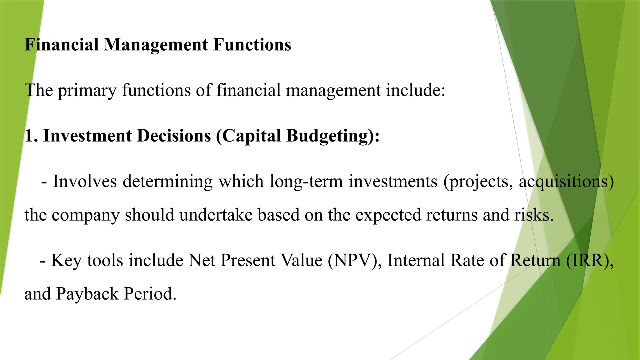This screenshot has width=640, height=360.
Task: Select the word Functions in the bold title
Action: [x=252, y=44]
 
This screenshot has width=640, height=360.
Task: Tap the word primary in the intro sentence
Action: [x=87, y=91]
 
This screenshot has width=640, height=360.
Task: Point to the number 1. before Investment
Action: [x=31, y=136]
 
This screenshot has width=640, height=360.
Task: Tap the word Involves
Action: [x=84, y=181]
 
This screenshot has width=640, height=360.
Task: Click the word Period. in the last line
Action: [x=150, y=294]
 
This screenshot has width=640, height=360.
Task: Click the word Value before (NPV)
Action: [x=301, y=260]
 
